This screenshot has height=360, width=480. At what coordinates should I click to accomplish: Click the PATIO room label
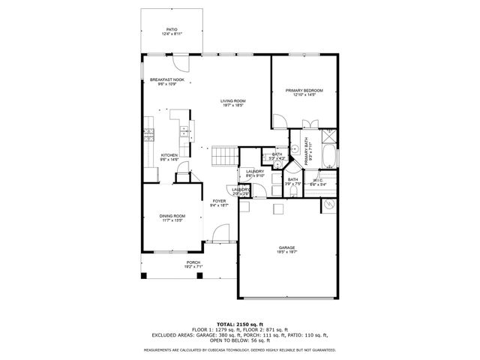tap(171, 30)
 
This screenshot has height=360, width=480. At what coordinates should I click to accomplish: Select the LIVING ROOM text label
tap(233, 101)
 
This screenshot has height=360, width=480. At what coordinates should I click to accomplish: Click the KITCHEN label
tap(169, 155)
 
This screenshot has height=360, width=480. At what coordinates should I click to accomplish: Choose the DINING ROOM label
tap(172, 216)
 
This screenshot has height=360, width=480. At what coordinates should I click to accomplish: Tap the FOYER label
tap(219, 201)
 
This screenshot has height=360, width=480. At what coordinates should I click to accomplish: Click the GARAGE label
tap(287, 248)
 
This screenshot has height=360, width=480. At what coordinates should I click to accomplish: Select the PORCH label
tap(172, 262)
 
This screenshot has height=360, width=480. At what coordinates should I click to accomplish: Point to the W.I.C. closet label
tap(318, 179)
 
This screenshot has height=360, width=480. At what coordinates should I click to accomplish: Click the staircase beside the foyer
tap(223, 156)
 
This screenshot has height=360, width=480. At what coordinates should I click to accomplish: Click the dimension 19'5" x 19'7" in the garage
tap(287, 253)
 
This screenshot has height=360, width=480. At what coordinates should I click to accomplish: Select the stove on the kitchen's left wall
tap(148, 136)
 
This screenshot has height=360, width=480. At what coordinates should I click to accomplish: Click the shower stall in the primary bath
tap(329, 137)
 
